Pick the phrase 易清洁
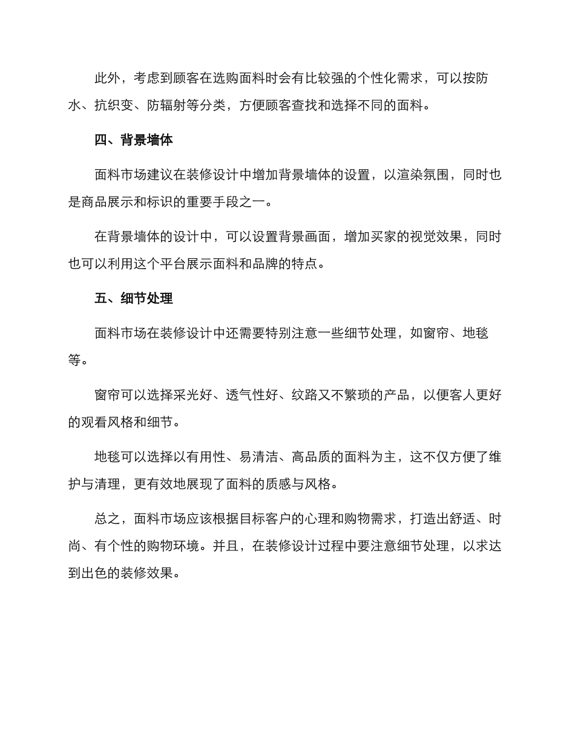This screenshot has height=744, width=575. click(259, 457)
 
